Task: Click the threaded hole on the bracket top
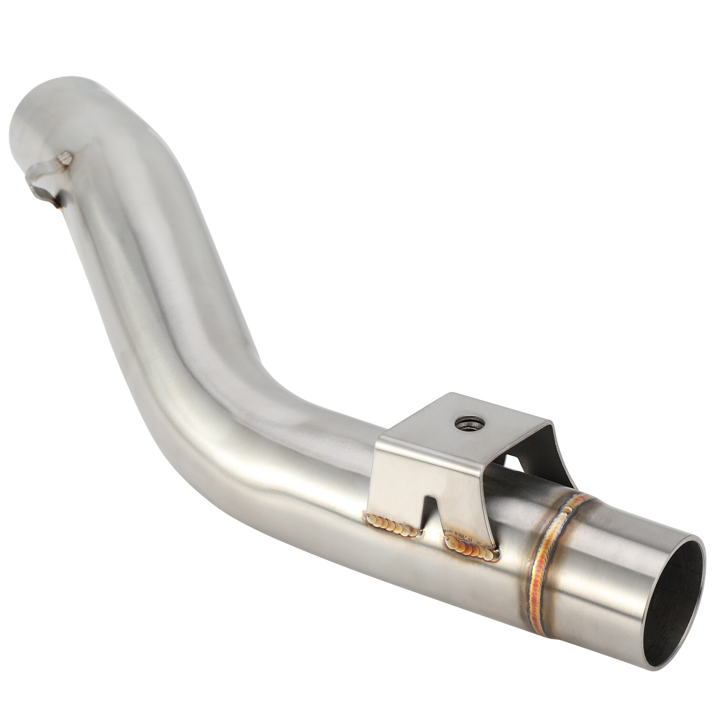[463, 421]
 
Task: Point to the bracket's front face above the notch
[420, 468]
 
